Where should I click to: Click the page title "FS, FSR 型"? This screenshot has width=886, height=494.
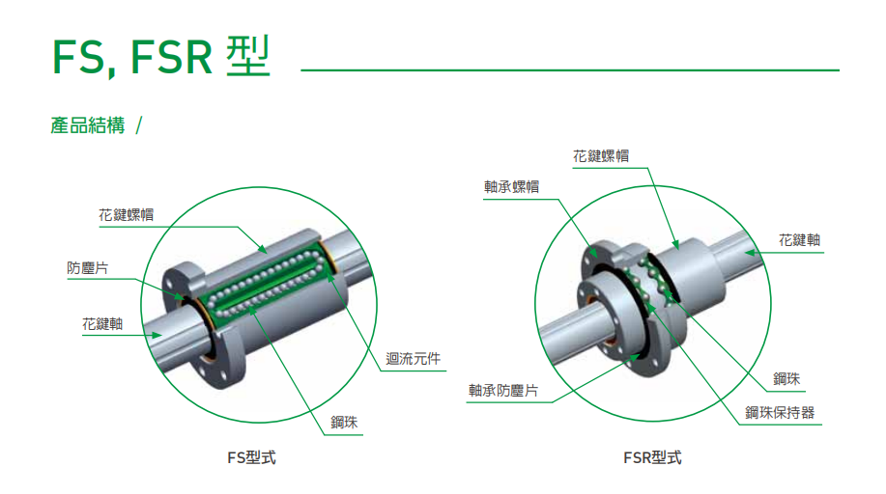click(x=161, y=56)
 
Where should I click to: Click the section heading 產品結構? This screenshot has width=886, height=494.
click(x=88, y=125)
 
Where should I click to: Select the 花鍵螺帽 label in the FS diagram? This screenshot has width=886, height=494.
click(x=126, y=215)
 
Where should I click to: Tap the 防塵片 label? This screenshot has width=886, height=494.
click(x=88, y=268)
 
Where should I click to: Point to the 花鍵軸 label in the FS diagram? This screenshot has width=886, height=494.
click(x=102, y=324)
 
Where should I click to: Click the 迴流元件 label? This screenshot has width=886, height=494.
click(x=414, y=359)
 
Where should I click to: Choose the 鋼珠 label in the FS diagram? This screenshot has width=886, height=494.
click(x=344, y=423)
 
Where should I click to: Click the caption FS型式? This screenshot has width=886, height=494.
click(x=251, y=457)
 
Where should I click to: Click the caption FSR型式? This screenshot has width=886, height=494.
click(x=652, y=457)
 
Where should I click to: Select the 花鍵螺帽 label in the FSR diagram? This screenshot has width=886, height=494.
click(x=601, y=156)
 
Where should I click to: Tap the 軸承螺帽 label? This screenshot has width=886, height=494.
click(x=511, y=187)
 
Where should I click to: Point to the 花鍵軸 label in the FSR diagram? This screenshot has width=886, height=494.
click(x=800, y=240)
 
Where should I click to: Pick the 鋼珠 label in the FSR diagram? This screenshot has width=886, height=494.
click(x=786, y=379)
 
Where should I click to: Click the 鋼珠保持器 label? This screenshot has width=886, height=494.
click(x=780, y=413)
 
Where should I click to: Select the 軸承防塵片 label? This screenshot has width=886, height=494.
click(x=502, y=391)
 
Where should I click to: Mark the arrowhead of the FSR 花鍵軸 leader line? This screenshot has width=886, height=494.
click(x=750, y=253)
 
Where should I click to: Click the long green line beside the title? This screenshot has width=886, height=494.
click(x=570, y=70)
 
